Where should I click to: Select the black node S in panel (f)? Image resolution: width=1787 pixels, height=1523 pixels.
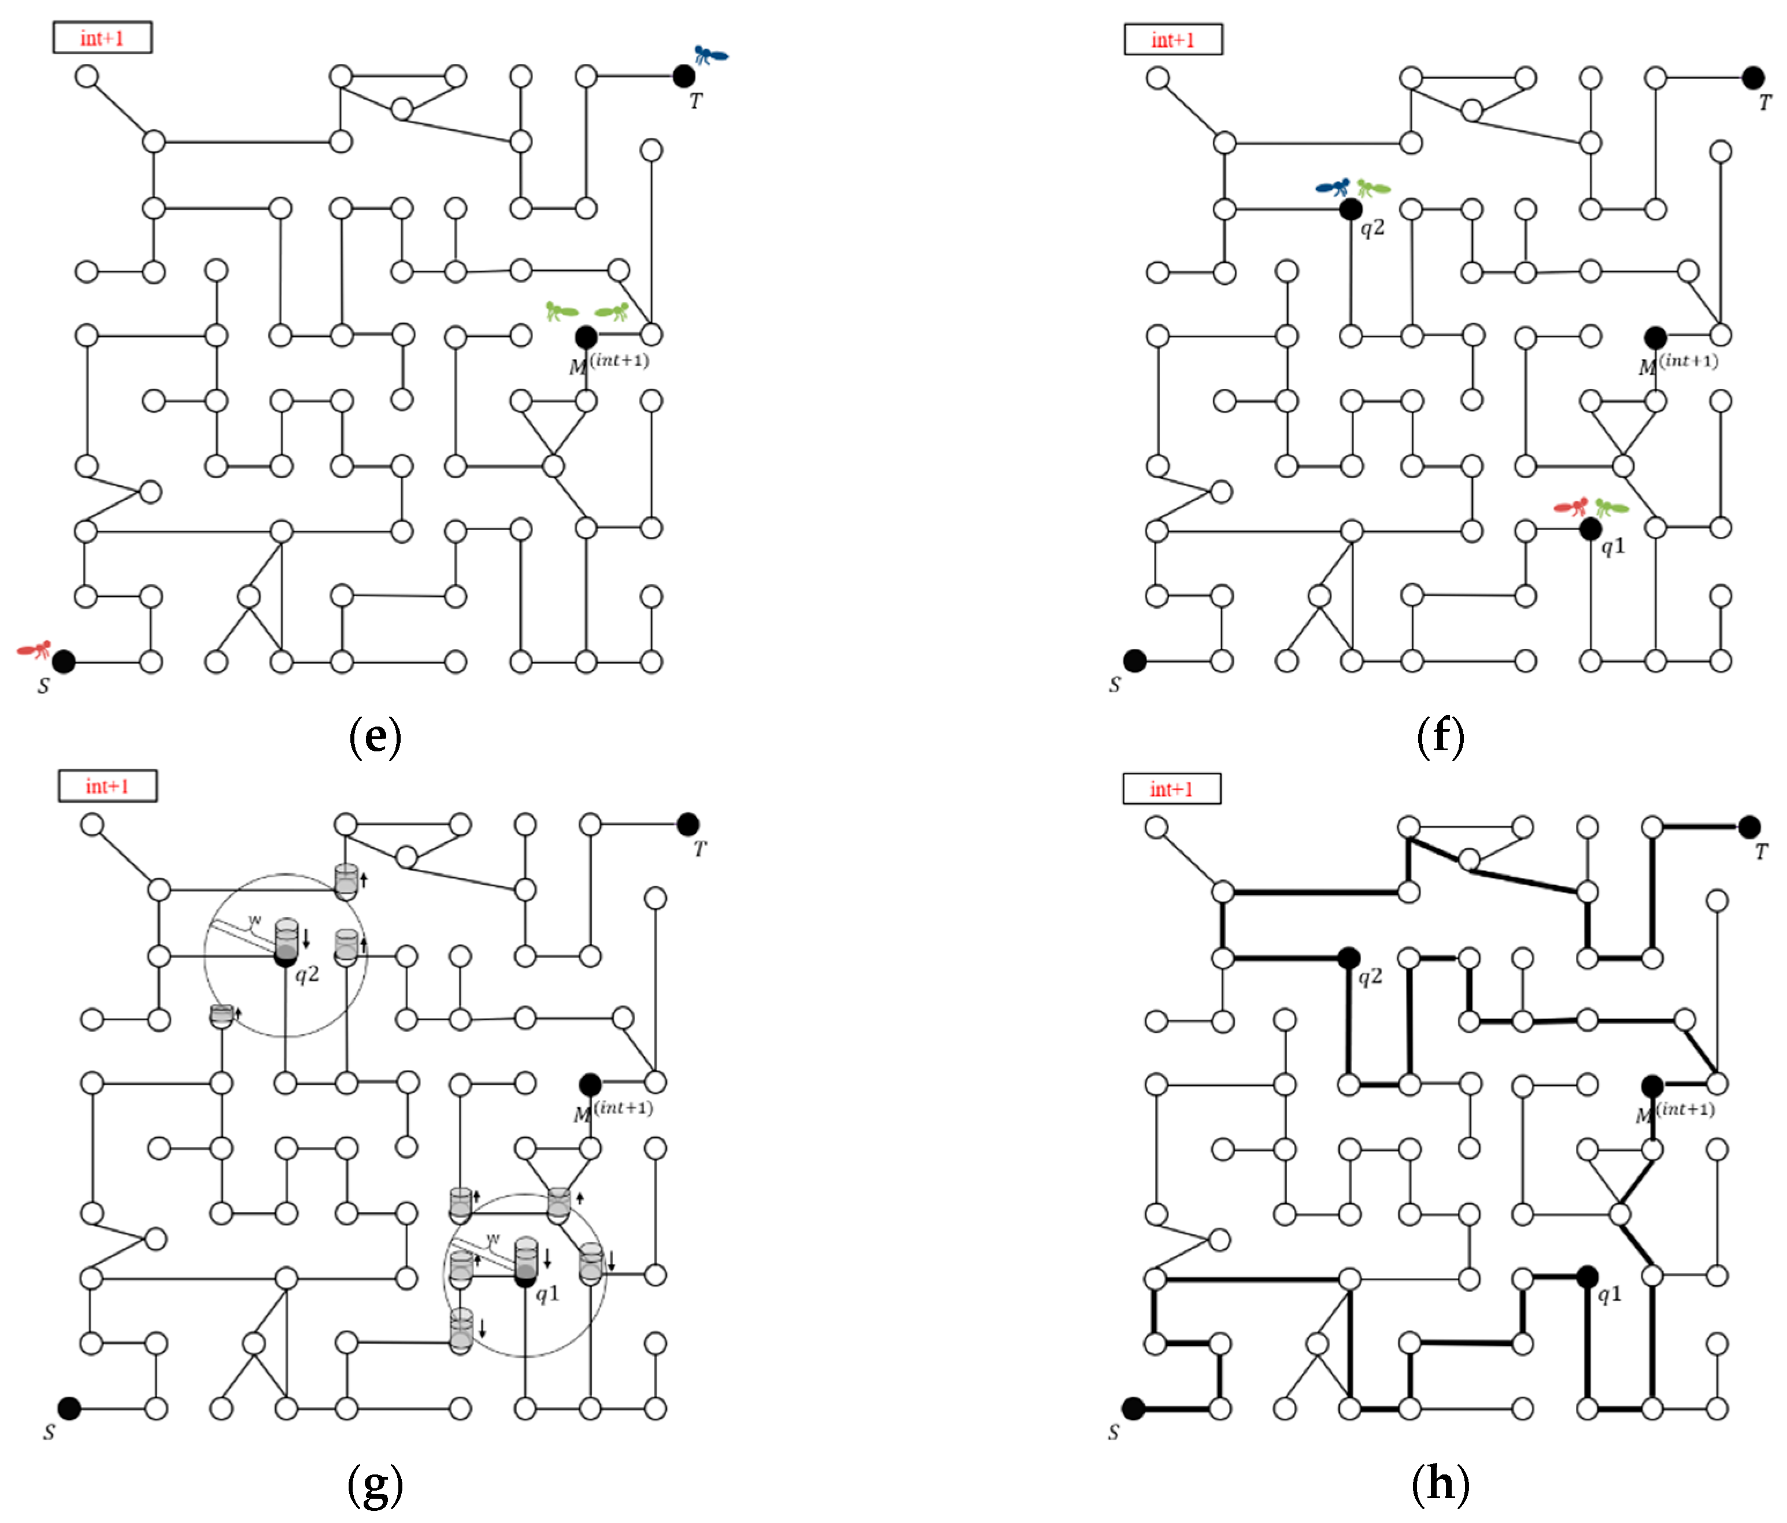(x=1135, y=661)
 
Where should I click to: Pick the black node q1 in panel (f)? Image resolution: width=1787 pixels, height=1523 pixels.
(x=1590, y=529)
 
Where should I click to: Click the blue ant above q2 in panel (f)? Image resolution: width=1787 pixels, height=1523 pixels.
(x=1333, y=186)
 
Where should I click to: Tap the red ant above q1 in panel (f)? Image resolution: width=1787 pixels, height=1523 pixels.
(x=1571, y=506)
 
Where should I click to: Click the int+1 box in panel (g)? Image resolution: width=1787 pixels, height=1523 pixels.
(x=108, y=785)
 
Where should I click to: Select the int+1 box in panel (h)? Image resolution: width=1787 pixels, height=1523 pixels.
(x=1171, y=788)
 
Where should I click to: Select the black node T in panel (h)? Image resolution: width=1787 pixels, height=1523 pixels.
(x=1749, y=827)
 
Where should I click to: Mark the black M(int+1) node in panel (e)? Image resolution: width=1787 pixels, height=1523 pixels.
(x=586, y=336)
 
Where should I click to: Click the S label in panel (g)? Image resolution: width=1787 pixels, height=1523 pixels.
(x=49, y=1432)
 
